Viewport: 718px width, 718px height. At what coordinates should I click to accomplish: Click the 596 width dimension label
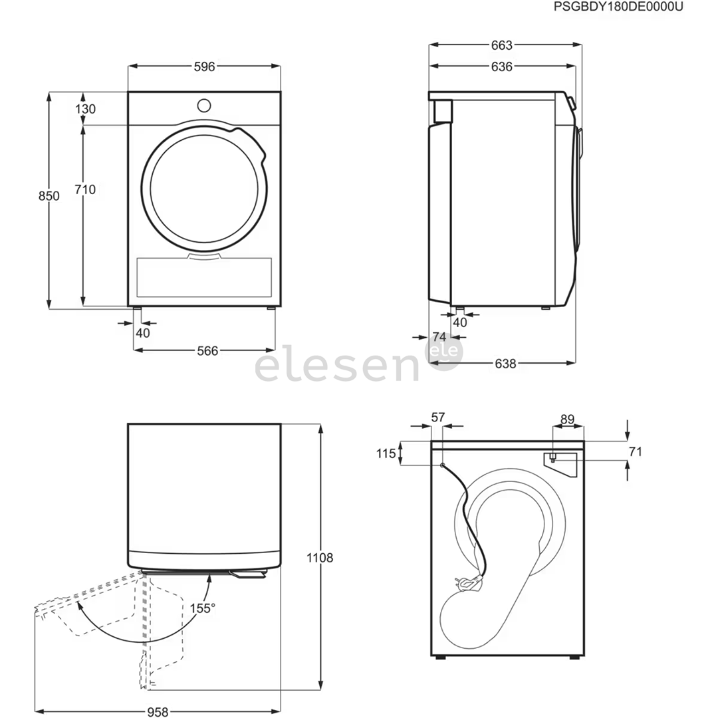[204, 67]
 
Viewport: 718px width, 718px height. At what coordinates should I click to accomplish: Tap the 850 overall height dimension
[49, 196]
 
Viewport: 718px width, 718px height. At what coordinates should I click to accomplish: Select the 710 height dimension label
[85, 189]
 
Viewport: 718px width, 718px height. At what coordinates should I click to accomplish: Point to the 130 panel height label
[86, 109]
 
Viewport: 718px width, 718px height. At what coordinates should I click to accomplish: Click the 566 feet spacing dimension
[207, 351]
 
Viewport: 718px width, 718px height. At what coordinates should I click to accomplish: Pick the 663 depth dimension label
[502, 45]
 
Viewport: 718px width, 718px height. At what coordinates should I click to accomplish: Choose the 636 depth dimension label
[502, 67]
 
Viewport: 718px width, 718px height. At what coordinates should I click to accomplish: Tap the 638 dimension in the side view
[505, 364]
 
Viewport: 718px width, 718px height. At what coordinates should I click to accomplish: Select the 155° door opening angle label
[203, 608]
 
